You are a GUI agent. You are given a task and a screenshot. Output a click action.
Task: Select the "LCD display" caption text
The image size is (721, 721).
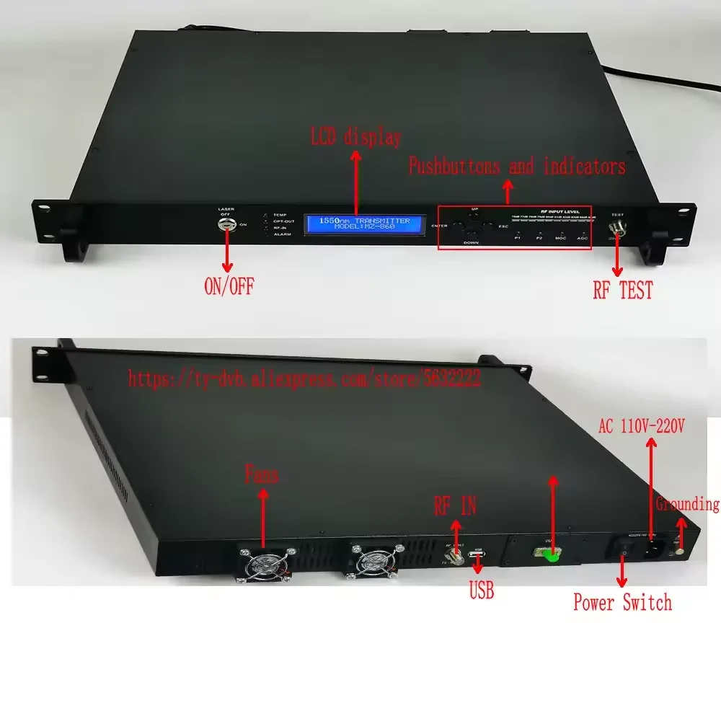(355, 136)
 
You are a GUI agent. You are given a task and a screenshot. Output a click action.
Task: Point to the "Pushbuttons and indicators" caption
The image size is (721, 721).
(517, 167)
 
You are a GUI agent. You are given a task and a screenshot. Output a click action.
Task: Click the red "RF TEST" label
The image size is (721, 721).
(622, 290)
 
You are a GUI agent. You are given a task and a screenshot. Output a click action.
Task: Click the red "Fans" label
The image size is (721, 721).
(261, 476)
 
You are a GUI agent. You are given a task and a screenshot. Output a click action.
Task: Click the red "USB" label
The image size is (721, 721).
(481, 592)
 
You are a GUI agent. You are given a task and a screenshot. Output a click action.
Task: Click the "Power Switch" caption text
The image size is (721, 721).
(622, 602)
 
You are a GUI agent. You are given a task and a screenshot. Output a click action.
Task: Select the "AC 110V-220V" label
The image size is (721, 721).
(642, 426)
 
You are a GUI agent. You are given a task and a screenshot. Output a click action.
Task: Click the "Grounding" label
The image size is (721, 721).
(687, 504)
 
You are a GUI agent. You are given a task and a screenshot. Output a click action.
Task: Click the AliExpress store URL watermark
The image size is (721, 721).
(304, 379)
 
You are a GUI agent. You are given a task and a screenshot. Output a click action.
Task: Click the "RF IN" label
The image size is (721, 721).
(454, 507)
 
